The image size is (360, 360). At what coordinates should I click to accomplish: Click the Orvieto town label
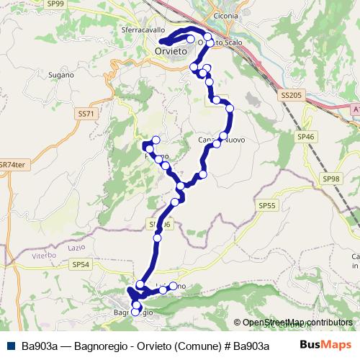171,53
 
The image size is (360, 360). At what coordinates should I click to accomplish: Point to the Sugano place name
62,74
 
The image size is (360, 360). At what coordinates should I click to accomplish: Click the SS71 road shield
86,114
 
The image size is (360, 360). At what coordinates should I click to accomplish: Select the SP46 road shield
306,136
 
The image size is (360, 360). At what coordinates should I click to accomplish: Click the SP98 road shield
331,179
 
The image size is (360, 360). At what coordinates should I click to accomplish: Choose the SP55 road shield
266,206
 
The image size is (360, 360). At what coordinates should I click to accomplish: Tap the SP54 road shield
81,265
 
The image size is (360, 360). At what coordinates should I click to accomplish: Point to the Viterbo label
43,256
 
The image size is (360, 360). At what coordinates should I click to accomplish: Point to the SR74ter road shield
13,164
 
